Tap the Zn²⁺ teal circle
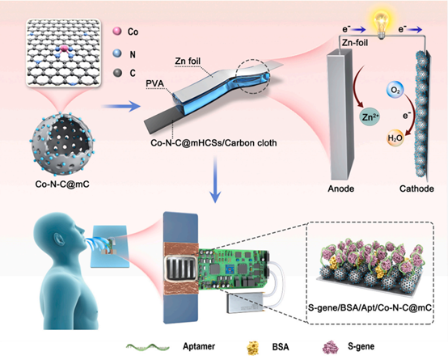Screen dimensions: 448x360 [370, 117]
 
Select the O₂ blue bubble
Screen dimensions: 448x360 [395, 90]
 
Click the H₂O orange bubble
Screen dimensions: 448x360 [395, 138]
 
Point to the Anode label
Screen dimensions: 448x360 [340, 188]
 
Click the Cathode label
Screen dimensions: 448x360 [416, 188]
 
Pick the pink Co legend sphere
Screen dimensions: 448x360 [117, 31]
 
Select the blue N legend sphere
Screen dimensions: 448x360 [117, 53]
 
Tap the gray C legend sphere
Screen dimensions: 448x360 [117, 73]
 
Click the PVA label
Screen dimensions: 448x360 [154, 83]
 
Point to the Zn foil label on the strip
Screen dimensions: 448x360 [188, 61]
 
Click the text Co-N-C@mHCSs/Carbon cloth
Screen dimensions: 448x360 [213, 142]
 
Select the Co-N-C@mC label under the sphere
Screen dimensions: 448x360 [62, 184]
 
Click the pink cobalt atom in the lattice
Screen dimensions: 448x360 [64, 48]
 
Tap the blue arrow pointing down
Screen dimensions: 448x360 [215, 180]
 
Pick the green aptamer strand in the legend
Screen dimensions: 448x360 [148, 347]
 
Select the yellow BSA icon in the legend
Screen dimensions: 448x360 [252, 347]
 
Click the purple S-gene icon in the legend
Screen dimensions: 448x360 [330, 347]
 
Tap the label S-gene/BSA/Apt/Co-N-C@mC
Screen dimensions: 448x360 [370, 307]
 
